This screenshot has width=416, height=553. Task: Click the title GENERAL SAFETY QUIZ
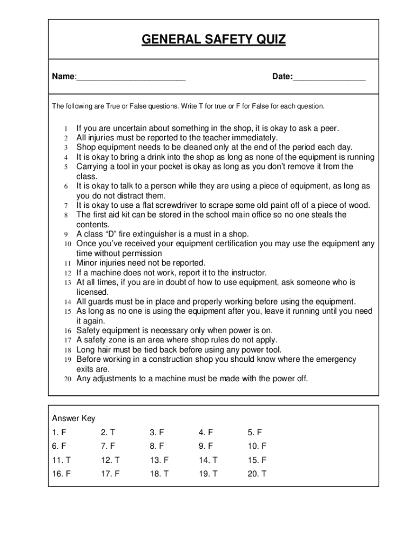pos(213,39)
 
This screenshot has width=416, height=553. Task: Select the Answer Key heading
pos(73,419)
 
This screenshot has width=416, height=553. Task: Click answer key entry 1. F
pos(59,433)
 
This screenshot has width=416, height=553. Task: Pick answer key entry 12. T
pos(110,461)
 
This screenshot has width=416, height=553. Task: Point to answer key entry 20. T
pos(257,475)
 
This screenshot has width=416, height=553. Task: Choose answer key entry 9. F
pos(206,447)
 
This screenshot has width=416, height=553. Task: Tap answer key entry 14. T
pos(208,461)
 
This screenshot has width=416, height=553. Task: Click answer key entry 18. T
pos(159,475)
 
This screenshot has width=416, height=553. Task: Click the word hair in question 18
pos(105,350)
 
